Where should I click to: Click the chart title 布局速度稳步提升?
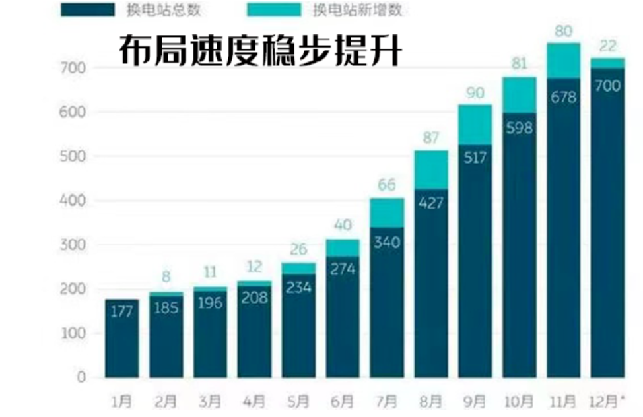click(x=259, y=50)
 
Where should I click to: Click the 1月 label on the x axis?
click(x=121, y=401)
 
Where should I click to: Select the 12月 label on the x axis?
click(x=606, y=401)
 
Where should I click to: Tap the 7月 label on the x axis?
click(x=386, y=401)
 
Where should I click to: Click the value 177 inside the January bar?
click(x=121, y=311)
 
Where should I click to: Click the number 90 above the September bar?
click(x=475, y=93)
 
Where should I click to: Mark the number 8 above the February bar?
click(x=166, y=277)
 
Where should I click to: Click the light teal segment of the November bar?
click(x=562, y=61)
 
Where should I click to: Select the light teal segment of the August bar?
click(x=430, y=170)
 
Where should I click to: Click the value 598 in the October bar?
click(x=519, y=127)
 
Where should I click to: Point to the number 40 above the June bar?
click(x=342, y=225)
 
